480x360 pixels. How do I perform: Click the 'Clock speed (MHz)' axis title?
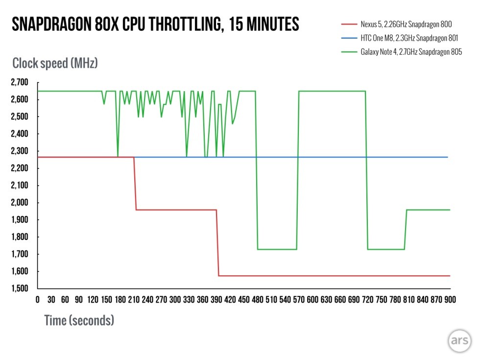pos(55,63)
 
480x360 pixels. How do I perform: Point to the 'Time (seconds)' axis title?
pos(79,321)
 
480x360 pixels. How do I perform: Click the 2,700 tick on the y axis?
pos(20,82)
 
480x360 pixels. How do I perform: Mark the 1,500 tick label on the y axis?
pos(20,288)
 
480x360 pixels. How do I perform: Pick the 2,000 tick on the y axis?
pos(20,203)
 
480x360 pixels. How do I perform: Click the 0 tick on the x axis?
pos(38,300)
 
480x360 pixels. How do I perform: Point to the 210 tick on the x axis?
pos(133,300)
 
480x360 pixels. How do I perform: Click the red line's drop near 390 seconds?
pos(217,242)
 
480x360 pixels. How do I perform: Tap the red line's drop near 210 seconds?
pos(135,184)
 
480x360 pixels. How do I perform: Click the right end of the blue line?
pos(448,157)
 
